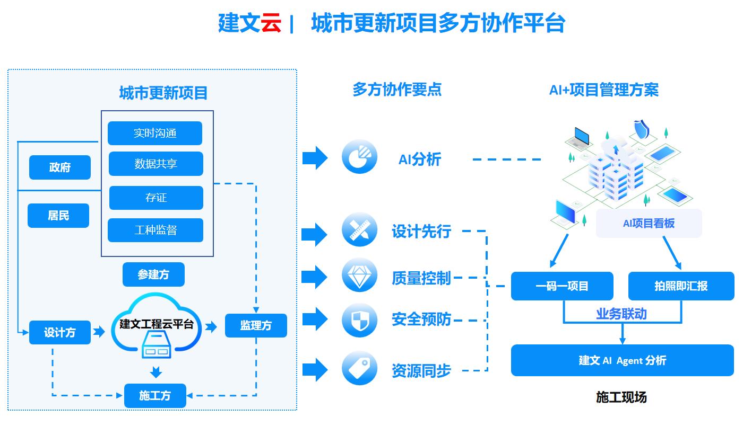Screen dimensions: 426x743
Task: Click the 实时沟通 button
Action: pos(155,133)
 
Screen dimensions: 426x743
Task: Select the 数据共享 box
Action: pos(156,164)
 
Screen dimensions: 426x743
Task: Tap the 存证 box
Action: pos(156,198)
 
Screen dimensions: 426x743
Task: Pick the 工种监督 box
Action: pos(155,230)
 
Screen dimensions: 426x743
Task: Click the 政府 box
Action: pos(60,167)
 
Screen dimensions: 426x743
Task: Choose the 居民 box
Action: pos(58,216)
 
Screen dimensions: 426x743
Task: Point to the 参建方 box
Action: pos(153,274)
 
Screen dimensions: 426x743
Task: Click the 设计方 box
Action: pos(60,332)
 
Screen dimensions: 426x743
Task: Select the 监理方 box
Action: pos(256,325)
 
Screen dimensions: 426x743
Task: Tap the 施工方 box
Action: pos(155,396)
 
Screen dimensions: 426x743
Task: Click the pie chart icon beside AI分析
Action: pos(359,156)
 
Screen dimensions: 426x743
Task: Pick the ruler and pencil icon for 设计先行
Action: pos(359,229)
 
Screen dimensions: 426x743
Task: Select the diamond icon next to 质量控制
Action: pos(359,275)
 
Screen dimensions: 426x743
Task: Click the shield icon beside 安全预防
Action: pos(359,320)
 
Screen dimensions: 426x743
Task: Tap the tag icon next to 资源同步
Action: pos(359,367)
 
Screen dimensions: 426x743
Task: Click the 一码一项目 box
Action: pos(562,286)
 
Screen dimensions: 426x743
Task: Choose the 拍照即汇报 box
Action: pos(681,286)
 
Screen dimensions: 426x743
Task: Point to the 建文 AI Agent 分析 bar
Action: pos(622,361)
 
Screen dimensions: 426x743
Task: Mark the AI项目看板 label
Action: pos(649,223)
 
